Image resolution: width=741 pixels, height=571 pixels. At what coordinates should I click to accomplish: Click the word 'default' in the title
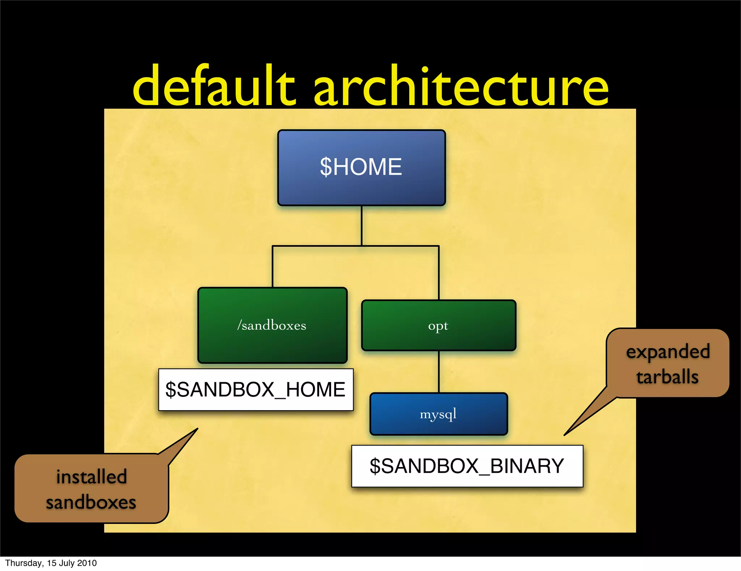(x=213, y=86)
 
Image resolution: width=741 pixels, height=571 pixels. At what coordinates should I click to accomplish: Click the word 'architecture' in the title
(x=461, y=86)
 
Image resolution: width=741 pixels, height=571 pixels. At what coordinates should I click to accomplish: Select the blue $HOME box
(x=361, y=167)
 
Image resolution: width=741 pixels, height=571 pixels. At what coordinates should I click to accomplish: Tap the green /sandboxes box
(x=272, y=325)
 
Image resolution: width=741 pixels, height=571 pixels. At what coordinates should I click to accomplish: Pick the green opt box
(x=439, y=325)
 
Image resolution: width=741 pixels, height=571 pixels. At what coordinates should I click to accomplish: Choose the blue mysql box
(x=439, y=414)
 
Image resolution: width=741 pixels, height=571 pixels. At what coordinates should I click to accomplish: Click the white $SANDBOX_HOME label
(x=255, y=389)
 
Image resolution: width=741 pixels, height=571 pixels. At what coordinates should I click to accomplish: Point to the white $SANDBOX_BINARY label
(x=467, y=466)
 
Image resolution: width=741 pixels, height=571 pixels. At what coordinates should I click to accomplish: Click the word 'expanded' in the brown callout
(x=668, y=351)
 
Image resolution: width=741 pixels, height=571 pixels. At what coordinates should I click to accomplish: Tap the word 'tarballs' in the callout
(x=667, y=377)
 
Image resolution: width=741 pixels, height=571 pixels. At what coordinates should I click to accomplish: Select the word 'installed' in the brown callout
(x=92, y=477)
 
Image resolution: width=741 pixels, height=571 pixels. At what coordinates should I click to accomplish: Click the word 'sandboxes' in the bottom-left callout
(x=91, y=503)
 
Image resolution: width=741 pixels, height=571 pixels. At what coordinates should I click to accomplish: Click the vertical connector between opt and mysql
(x=439, y=372)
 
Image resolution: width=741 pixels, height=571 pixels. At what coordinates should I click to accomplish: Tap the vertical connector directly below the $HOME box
(x=361, y=225)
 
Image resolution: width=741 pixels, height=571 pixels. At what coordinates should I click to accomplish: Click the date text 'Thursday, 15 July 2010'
(x=51, y=563)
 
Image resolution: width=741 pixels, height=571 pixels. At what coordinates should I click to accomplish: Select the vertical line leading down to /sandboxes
(x=272, y=267)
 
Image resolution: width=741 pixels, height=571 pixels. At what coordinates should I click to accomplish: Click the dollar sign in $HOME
(x=326, y=167)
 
